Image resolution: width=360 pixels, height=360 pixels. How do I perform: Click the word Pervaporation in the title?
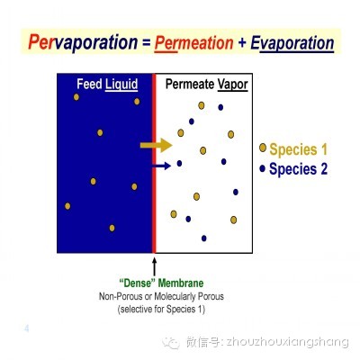pyautogui.click(x=83, y=42)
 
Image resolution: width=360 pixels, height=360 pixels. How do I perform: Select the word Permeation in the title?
pyautogui.click(x=193, y=43)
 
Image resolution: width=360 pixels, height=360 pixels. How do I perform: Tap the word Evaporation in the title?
pyautogui.click(x=292, y=43)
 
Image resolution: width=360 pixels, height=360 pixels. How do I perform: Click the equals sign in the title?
pyautogui.click(x=146, y=43)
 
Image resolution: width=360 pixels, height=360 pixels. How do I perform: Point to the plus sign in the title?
pyautogui.click(x=242, y=43)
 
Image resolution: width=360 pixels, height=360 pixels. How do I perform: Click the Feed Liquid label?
pyautogui.click(x=107, y=84)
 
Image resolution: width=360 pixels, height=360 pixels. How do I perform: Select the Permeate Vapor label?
pyautogui.click(x=206, y=85)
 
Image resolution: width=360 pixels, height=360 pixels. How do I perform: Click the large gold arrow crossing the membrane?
pyautogui.click(x=156, y=146)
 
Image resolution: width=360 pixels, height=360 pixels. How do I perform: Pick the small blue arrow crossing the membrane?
pyautogui.click(x=162, y=166)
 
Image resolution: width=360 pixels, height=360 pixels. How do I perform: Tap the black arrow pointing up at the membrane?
pyautogui.click(x=155, y=267)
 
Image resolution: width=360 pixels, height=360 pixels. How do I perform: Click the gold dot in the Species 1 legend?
pyautogui.click(x=263, y=148)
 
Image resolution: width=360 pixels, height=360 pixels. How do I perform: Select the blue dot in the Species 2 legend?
pyautogui.click(x=263, y=168)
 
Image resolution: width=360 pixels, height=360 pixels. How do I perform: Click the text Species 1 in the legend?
pyautogui.click(x=298, y=149)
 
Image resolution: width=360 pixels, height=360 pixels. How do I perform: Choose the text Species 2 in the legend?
pyautogui.click(x=298, y=168)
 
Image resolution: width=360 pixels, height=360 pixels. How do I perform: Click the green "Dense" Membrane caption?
pyautogui.click(x=161, y=283)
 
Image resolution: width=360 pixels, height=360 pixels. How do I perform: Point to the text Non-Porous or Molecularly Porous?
pyautogui.click(x=161, y=296)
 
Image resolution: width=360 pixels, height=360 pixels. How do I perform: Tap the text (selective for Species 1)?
pyautogui.click(x=161, y=309)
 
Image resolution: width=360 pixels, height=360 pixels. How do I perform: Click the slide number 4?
pyautogui.click(x=27, y=328)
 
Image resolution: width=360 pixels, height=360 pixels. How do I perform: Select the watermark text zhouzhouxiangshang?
pyautogui.click(x=287, y=342)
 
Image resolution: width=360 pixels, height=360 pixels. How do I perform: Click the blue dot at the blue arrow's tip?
pyautogui.click(x=179, y=164)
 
